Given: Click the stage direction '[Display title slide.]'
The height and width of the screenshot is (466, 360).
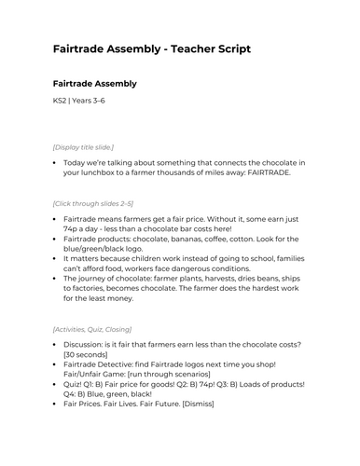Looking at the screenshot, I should (83, 146).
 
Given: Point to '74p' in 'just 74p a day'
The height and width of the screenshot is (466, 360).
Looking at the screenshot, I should (74, 227).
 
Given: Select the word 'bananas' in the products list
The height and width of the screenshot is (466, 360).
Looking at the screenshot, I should (191, 240).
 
